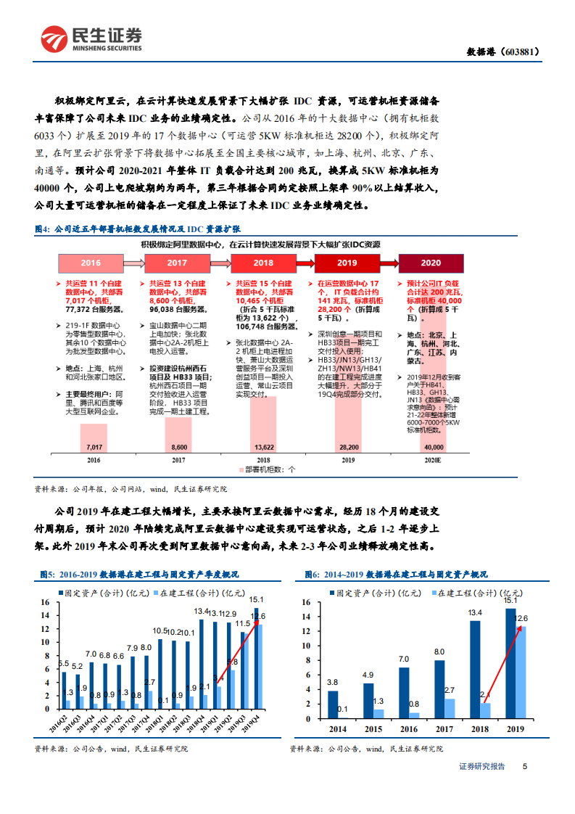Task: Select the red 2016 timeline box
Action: coord(91,263)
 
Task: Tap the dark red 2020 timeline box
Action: coord(431,263)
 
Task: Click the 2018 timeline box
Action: coord(262,263)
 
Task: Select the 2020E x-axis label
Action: coord(433,460)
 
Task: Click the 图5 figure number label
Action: coord(48,575)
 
